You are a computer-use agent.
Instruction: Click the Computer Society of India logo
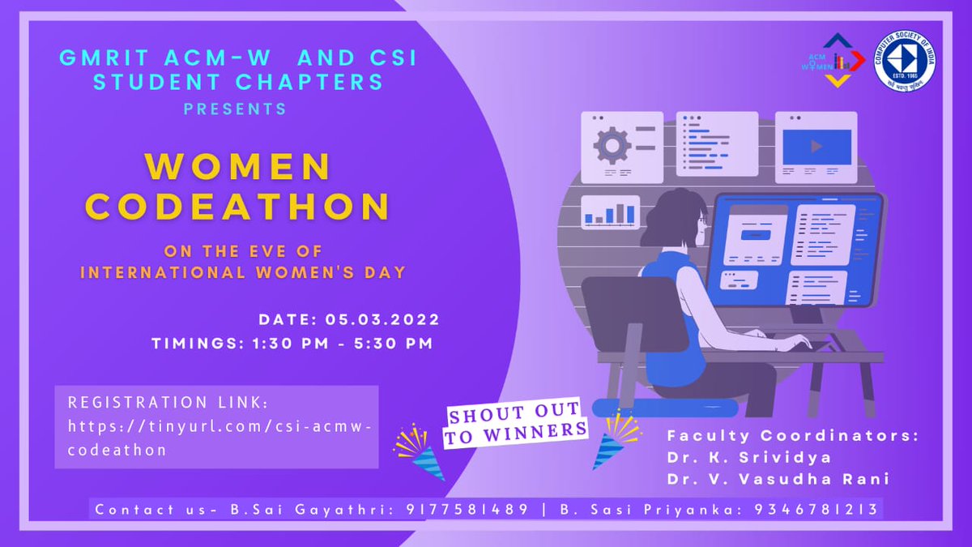pos(905,61)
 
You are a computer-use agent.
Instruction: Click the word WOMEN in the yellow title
pos(238,166)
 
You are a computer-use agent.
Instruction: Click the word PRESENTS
pos(235,109)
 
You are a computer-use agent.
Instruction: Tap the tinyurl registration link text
pos(217,437)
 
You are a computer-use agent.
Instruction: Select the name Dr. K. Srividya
pos(749,458)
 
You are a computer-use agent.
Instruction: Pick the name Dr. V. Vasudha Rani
pos(778,479)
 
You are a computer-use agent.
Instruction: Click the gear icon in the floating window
pos(612,145)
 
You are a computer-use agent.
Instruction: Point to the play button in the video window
pos(816,147)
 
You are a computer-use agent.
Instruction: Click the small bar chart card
pos(610,212)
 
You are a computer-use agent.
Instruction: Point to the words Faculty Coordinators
pos(792,436)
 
